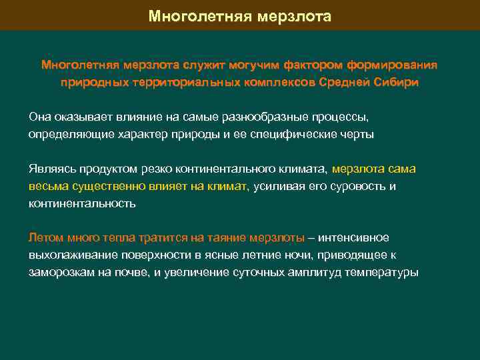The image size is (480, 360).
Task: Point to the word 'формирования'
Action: (397, 66)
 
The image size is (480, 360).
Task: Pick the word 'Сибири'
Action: (397, 83)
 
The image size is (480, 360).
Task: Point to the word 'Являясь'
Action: (49, 169)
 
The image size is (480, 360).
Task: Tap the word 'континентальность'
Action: (81, 203)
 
